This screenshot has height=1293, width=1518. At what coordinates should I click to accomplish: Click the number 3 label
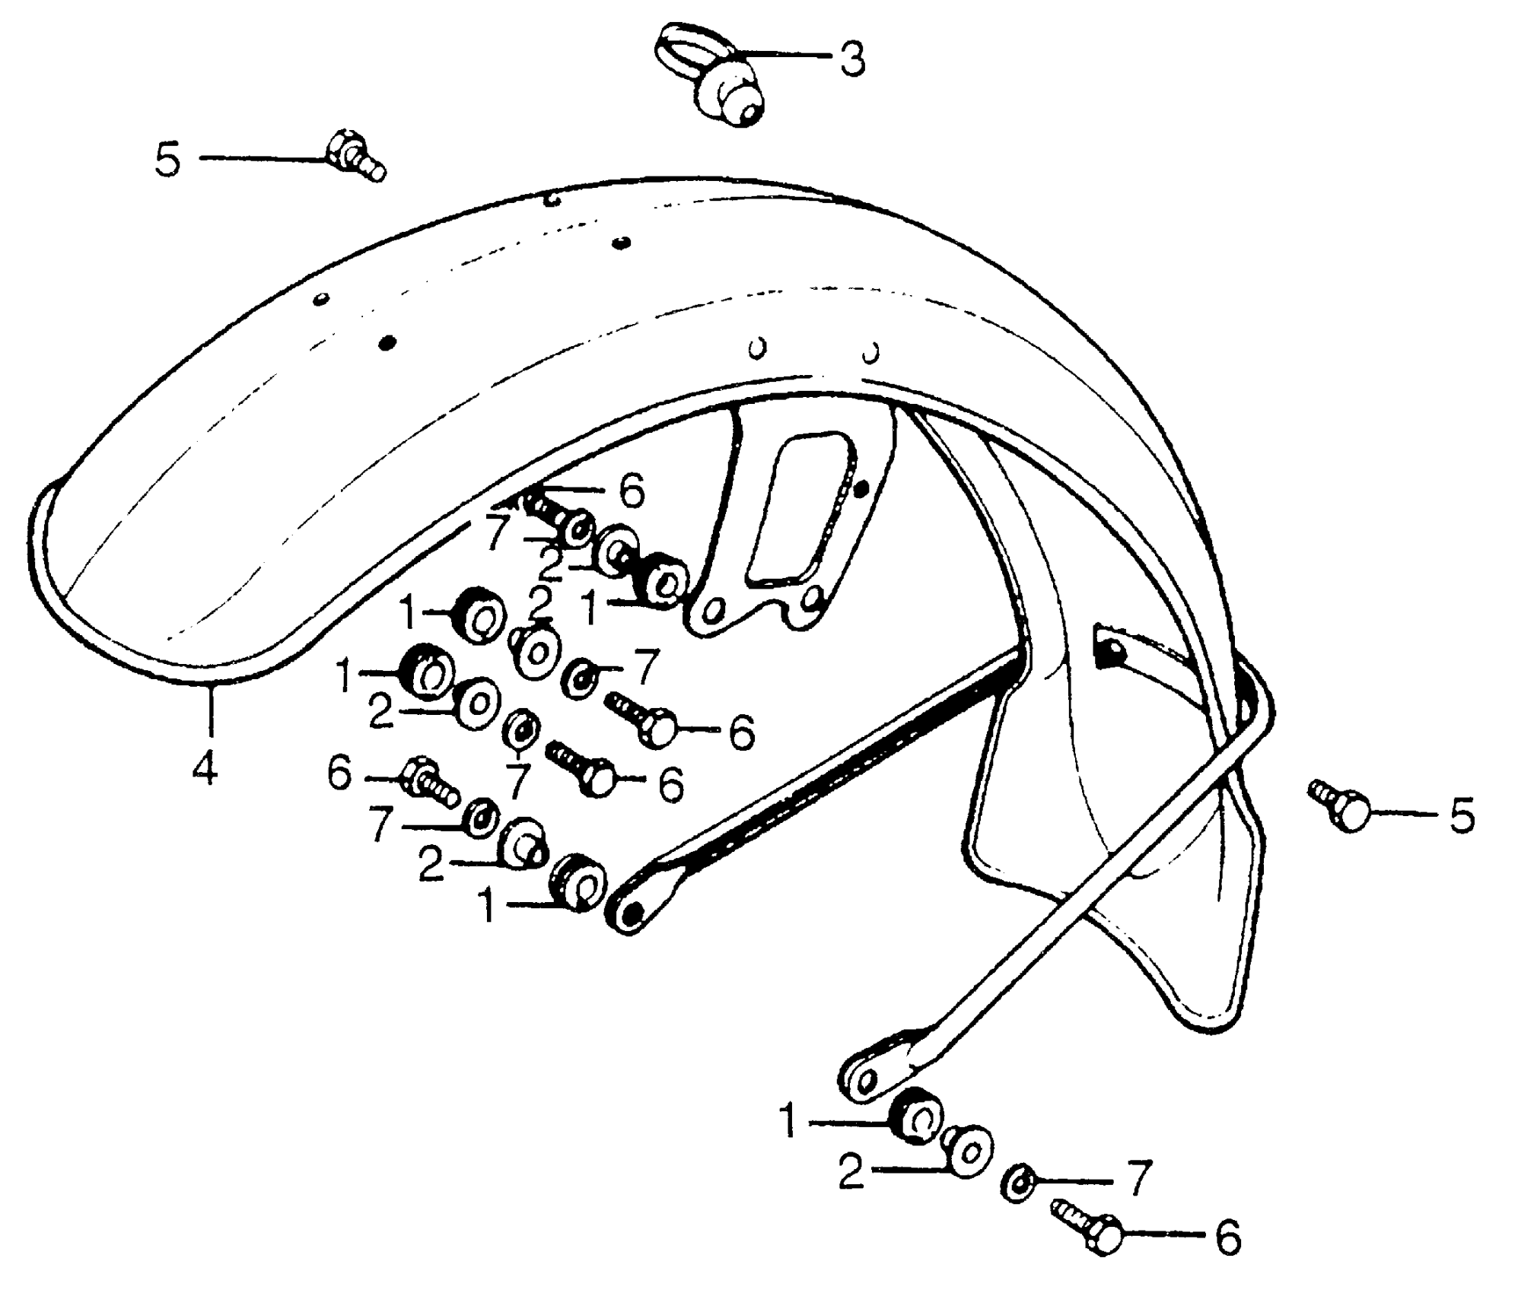coord(852,59)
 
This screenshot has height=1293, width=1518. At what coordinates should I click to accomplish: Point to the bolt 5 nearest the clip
coord(354,156)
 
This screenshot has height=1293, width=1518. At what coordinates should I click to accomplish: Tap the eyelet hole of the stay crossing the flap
coord(864,1080)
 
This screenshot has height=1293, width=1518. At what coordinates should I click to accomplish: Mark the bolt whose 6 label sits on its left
coord(430,782)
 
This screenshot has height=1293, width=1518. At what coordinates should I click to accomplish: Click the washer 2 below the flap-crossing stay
coord(968,1153)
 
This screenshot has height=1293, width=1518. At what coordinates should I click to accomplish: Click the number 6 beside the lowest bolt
coord(1227,1238)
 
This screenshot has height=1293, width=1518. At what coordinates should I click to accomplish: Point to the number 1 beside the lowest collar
coord(788,1121)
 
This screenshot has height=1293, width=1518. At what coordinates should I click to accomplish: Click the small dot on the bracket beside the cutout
coord(861,489)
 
